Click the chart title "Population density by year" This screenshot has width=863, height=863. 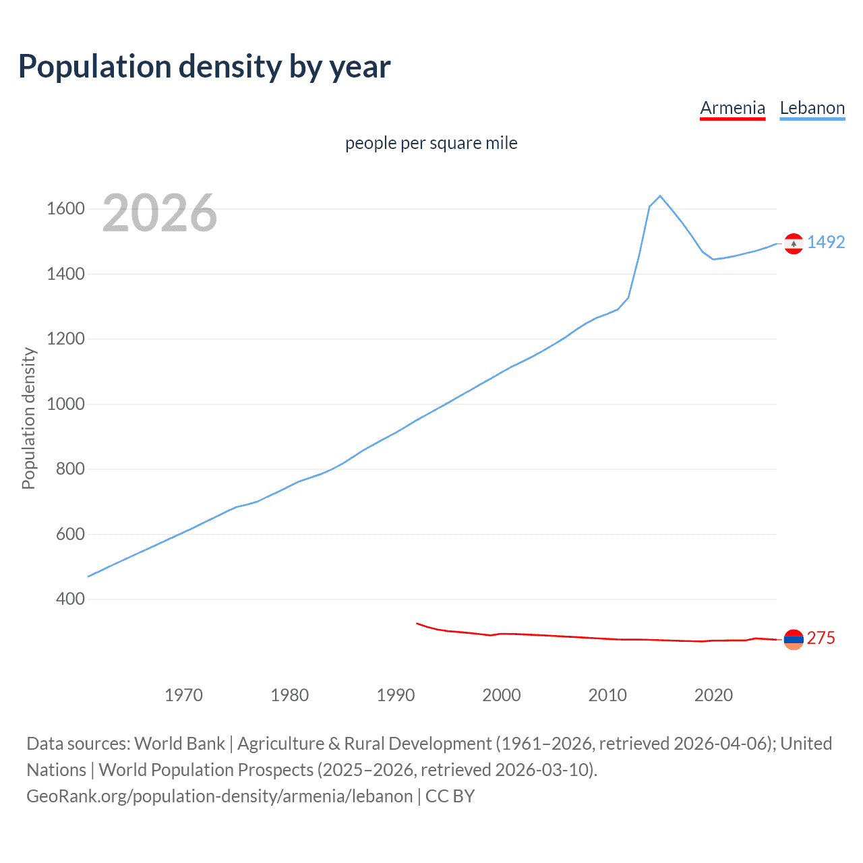pos(204,67)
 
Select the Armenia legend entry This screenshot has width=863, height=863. pos(732,108)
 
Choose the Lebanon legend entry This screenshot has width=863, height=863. pos(812,108)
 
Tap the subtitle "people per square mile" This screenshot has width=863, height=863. pos(431,143)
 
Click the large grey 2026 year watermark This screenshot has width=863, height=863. pos(160,213)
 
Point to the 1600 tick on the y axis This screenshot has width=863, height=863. pos(65,209)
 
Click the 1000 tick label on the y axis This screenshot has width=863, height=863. pos(65,404)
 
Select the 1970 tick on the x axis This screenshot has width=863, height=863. pos(183,695)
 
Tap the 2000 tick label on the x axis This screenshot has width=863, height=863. pos(501,695)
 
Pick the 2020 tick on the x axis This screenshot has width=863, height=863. pos(713,695)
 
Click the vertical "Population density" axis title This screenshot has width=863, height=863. pos(28,418)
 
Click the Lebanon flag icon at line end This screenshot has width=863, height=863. pos(794,243)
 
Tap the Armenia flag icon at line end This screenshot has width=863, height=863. pos(794,639)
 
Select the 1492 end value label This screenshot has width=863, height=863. pos(826,242)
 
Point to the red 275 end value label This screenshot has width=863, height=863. pos(821,638)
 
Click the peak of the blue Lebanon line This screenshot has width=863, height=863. pos(660,196)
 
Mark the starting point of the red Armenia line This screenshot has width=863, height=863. pos(417,623)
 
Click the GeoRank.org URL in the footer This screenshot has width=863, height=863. pos(219,796)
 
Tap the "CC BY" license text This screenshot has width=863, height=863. pos(450,796)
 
